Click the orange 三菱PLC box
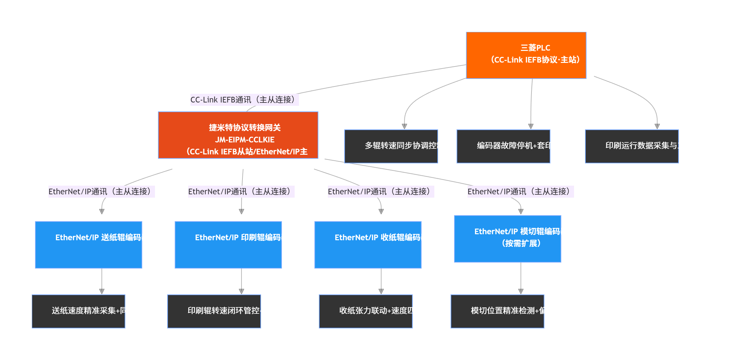click(x=526, y=55)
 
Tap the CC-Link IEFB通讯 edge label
click(x=244, y=100)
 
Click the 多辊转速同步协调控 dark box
click(x=391, y=146)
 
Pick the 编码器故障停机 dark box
click(x=503, y=146)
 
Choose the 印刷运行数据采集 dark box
click(x=632, y=146)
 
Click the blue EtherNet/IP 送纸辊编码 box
click(x=88, y=245)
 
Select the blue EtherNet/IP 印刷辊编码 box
click(x=228, y=245)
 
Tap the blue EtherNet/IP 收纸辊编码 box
click(x=368, y=245)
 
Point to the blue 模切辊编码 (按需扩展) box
click(x=508, y=239)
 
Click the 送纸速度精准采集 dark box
click(x=78, y=311)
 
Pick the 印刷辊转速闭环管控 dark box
click(x=214, y=311)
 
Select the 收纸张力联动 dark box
click(x=366, y=311)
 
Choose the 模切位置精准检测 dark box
click(x=497, y=311)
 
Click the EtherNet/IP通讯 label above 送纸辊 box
click(x=101, y=192)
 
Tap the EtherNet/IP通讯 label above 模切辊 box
click(x=520, y=192)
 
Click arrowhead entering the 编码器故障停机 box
click(x=531, y=126)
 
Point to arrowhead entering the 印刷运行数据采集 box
click(x=657, y=126)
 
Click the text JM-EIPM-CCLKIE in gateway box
click(x=245, y=140)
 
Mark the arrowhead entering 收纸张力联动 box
click(x=381, y=291)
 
